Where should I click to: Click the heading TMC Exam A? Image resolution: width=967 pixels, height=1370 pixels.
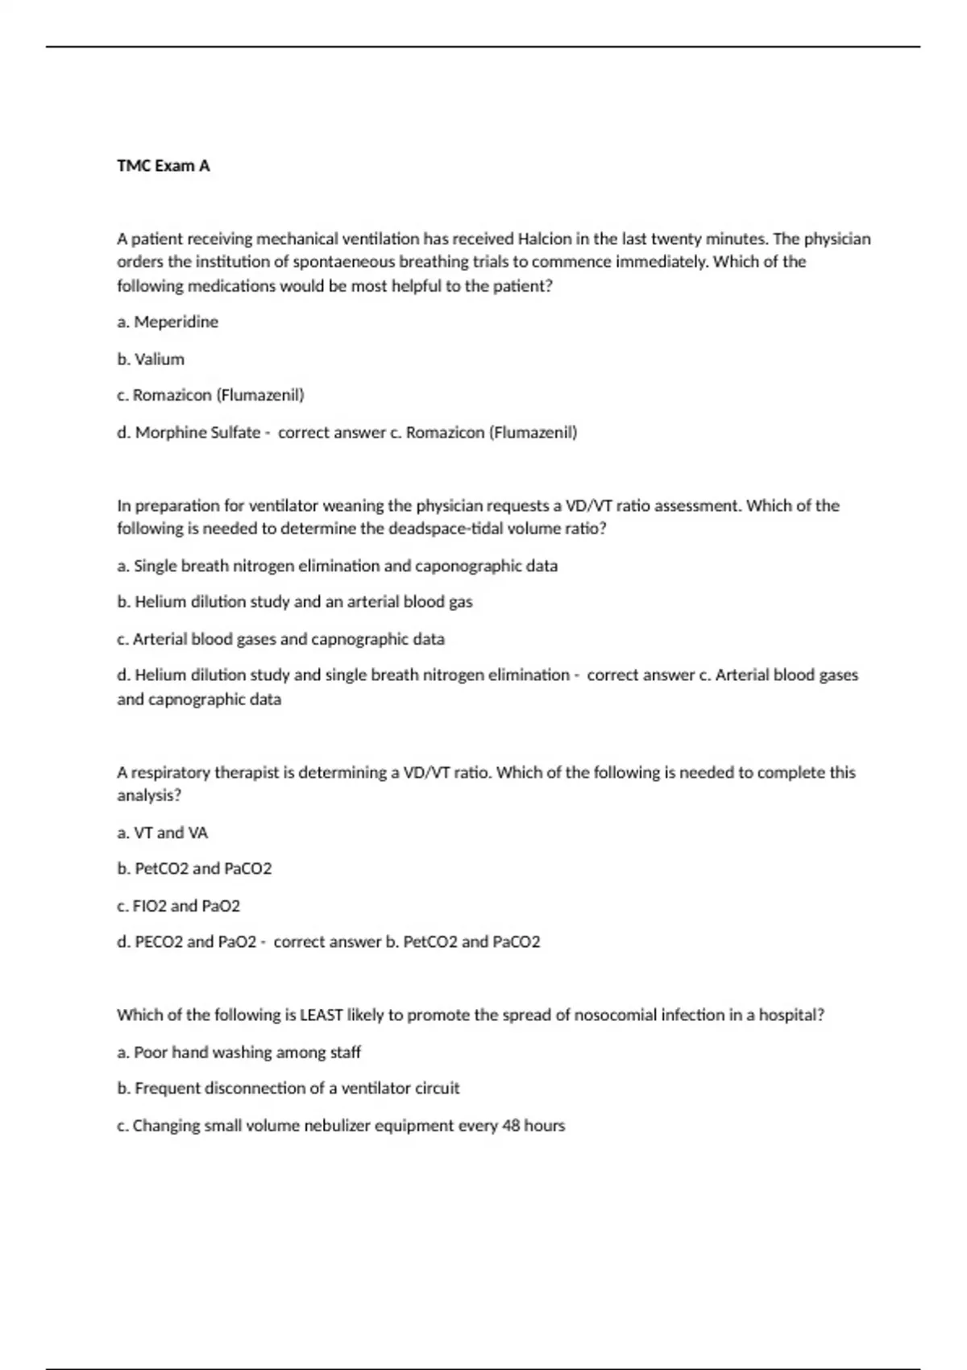point(164,166)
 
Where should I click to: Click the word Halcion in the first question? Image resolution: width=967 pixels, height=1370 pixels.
point(545,239)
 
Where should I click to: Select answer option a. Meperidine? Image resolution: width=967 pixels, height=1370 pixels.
point(168,322)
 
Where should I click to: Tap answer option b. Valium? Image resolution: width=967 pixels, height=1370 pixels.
point(151,359)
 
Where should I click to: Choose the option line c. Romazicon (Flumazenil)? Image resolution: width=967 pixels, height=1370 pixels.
point(210,395)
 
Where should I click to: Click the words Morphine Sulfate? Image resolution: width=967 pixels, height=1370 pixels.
point(197,433)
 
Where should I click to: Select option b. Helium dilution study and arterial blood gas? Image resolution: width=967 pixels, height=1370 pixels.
point(295,602)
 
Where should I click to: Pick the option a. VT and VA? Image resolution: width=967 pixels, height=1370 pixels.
point(162,832)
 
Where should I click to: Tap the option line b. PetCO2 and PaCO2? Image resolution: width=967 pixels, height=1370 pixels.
point(194,869)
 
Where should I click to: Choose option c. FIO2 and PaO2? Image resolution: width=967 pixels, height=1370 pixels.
point(178,906)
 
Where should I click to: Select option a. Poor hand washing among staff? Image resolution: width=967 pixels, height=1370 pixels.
point(239,1052)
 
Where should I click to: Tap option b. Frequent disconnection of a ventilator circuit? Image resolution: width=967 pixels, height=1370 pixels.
point(288,1089)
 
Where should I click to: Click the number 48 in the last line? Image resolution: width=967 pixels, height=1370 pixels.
point(511,1126)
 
